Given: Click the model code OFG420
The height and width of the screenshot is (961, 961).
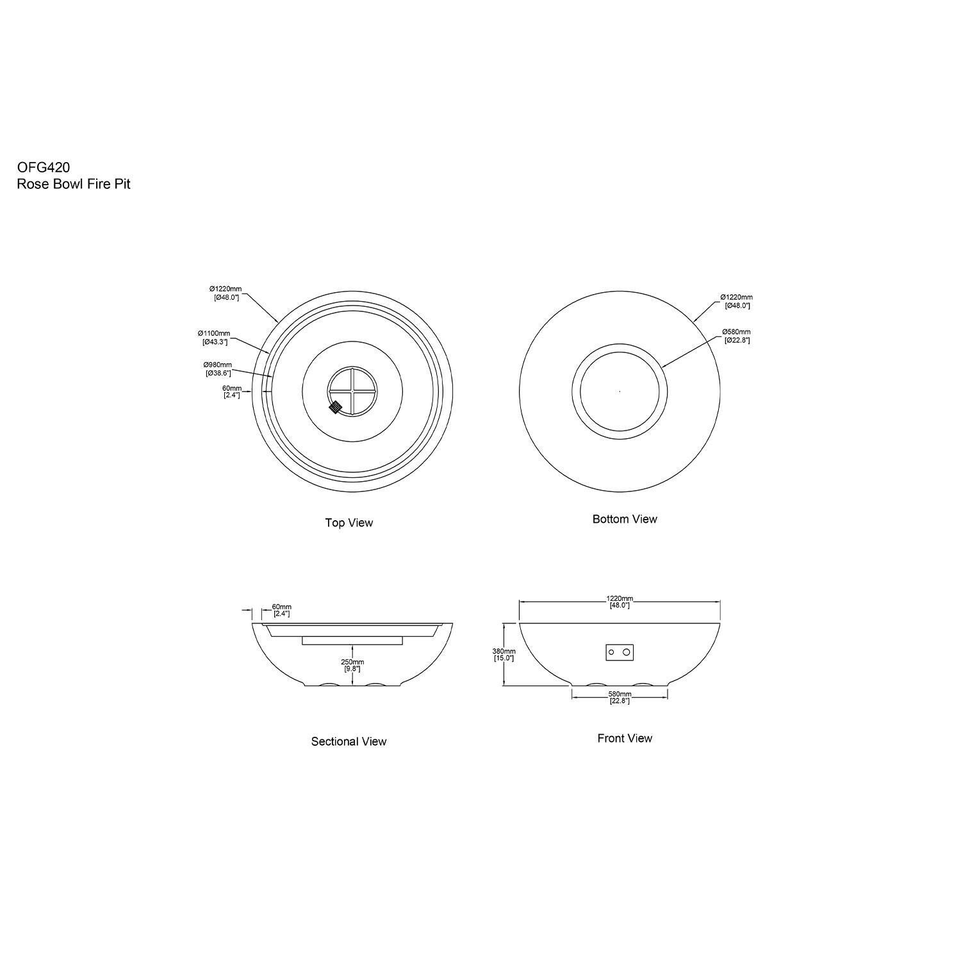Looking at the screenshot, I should click(x=44, y=167).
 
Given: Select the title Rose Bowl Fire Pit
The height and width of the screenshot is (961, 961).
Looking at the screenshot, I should click(x=74, y=185).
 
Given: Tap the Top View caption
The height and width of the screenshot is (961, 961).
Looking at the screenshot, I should click(x=349, y=523).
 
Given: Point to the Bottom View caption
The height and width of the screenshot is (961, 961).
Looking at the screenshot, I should click(x=625, y=519).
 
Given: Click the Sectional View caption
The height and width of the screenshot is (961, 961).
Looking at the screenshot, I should click(x=349, y=741).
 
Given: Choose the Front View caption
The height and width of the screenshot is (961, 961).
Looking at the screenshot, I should click(x=625, y=738).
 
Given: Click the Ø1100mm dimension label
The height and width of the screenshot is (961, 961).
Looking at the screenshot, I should click(x=214, y=334).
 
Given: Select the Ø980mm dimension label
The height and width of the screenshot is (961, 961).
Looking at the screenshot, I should click(x=217, y=365).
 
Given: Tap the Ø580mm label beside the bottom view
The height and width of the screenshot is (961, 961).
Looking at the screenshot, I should click(x=736, y=332).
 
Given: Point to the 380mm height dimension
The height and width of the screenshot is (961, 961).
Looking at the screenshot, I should click(x=504, y=650).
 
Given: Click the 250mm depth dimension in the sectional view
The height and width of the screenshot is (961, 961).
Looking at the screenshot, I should click(x=352, y=662).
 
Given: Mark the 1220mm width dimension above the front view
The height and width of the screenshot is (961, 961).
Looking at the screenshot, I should click(x=620, y=599).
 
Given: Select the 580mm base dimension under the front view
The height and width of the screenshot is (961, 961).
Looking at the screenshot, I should click(x=620, y=694).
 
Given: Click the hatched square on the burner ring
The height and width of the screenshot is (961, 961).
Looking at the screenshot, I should click(x=335, y=407).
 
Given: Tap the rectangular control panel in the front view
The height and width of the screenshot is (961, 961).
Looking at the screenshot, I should click(x=620, y=652).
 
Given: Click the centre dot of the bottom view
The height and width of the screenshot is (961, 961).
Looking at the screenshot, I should click(x=620, y=391).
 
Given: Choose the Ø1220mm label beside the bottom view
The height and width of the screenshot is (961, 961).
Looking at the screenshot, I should click(x=737, y=297).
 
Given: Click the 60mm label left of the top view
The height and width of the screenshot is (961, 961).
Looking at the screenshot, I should click(x=232, y=388).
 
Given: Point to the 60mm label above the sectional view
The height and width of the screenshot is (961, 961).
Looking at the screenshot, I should click(x=282, y=607).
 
